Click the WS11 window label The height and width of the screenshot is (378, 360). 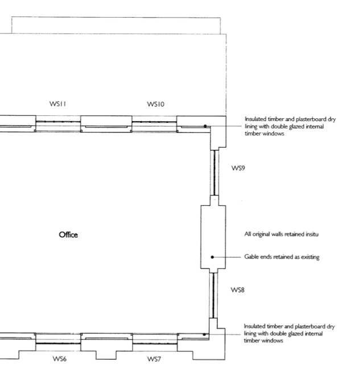tap(57, 104)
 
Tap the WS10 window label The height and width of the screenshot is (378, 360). tap(156, 104)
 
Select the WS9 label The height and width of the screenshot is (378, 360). tap(238, 168)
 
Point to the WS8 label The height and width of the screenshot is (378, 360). tap(238, 290)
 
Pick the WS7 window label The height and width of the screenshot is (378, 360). tap(154, 359)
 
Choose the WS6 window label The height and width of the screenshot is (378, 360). tap(60, 359)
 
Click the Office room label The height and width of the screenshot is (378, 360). tap(68, 235)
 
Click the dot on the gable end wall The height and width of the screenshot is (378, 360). tap(212, 257)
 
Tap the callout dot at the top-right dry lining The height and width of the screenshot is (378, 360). tap(205, 126)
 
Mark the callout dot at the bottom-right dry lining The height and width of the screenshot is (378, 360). tap(204, 335)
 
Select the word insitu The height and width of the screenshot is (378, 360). tap(312, 234)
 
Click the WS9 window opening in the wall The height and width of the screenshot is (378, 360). tap(214, 173)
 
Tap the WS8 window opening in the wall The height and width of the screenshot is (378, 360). tap(213, 296)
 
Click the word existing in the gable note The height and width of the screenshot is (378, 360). tap(311, 257)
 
